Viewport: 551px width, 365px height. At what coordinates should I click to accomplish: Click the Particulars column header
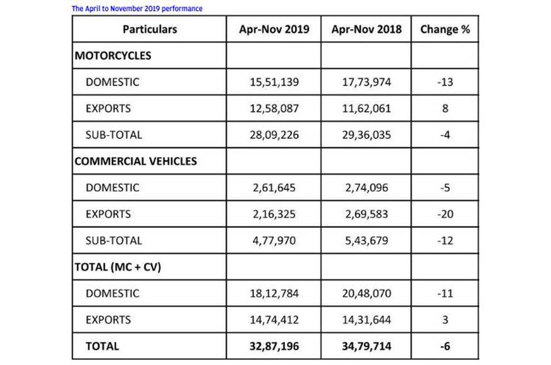(x=150, y=29)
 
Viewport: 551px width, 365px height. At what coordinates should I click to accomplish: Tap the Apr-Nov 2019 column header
(x=274, y=29)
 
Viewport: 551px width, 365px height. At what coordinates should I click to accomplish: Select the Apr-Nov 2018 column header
(x=366, y=29)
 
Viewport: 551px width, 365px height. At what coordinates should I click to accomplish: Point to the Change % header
(x=445, y=29)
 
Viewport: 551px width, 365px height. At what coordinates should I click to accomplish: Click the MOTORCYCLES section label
(x=113, y=56)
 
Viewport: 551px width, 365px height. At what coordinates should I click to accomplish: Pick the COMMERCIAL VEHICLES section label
(x=136, y=161)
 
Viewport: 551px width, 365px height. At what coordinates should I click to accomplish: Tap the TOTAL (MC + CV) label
(x=118, y=266)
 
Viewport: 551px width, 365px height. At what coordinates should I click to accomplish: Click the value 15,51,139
(x=274, y=82)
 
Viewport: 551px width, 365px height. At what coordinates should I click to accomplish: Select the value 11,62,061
(x=366, y=109)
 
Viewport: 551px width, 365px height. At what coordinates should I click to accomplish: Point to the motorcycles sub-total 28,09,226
(x=274, y=135)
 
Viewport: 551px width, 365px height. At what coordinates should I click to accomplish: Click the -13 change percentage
(x=445, y=82)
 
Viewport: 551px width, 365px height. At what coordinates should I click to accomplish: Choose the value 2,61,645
(x=274, y=188)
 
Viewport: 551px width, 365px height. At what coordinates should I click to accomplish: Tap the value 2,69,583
(x=366, y=214)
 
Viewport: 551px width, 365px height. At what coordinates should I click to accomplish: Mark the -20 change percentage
(x=445, y=214)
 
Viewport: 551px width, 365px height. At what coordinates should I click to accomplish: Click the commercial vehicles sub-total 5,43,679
(x=366, y=241)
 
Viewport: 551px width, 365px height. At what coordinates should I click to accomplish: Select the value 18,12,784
(x=274, y=293)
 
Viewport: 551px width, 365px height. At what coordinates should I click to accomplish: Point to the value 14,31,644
(x=366, y=320)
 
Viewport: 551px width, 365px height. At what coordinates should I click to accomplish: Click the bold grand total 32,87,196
(x=274, y=346)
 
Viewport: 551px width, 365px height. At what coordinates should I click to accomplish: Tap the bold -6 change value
(x=445, y=346)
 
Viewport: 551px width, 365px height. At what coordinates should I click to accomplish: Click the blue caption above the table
(x=137, y=9)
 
